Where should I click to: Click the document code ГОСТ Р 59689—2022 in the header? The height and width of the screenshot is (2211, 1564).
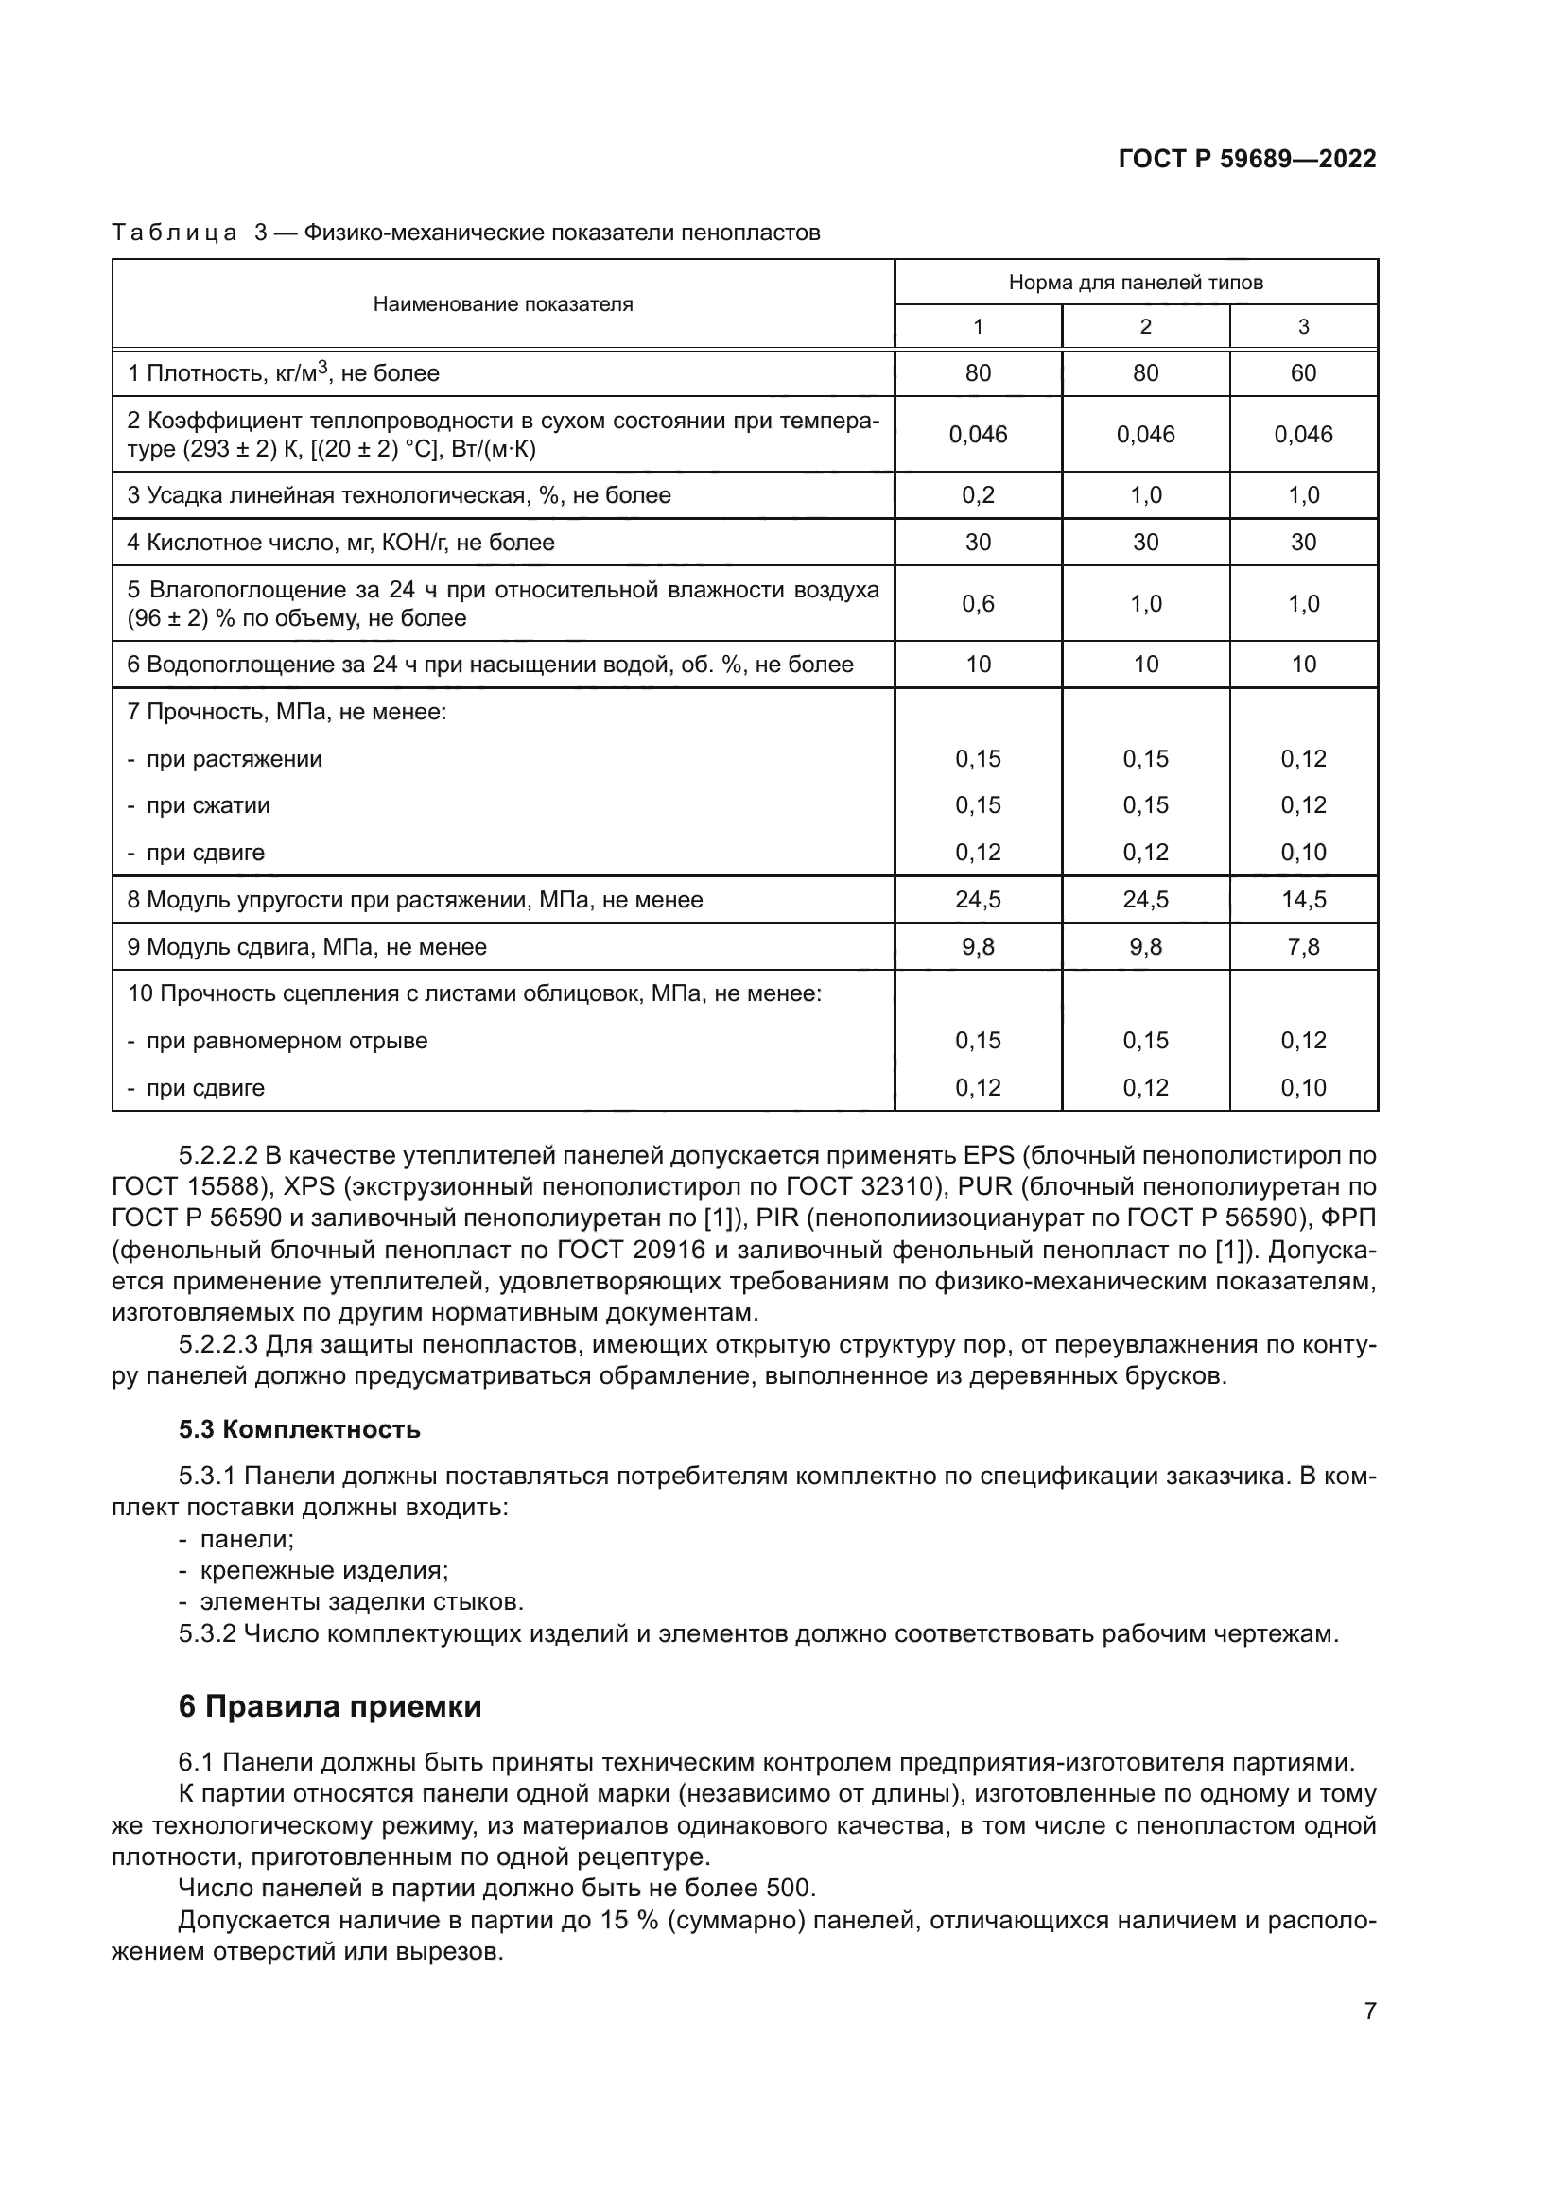coord(1247,159)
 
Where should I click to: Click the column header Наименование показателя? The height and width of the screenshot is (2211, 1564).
coord(503,304)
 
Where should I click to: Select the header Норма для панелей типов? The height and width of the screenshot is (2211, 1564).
coord(1136,282)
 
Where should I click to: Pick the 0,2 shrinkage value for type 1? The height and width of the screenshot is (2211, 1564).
coord(978,496)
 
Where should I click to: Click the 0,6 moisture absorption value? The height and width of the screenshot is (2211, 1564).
coord(978,604)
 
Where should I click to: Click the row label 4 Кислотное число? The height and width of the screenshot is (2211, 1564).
coord(341,543)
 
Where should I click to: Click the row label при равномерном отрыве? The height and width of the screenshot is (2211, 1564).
coord(286,1041)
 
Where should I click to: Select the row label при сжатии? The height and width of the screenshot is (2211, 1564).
coord(207,805)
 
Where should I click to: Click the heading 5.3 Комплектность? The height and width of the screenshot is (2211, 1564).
coord(300,1429)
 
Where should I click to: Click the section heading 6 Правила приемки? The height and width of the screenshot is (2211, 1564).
coord(329,1706)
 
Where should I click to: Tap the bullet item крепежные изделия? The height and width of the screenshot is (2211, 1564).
coord(323,1571)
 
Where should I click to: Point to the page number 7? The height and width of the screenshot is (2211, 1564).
coord(1369,2011)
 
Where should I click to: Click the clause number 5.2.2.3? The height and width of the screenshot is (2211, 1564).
coord(217,1344)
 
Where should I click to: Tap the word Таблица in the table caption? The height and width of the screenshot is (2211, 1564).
coord(174,233)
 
